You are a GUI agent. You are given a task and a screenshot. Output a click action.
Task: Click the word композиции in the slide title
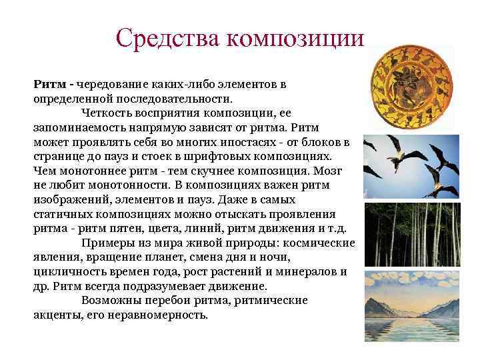[x=295, y=38]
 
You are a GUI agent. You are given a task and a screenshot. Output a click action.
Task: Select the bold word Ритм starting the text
[x=51, y=85]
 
